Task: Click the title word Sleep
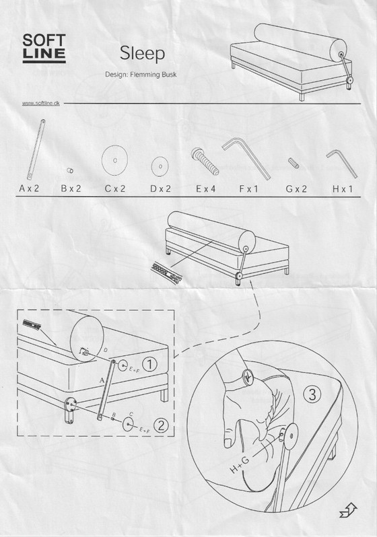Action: point(143,53)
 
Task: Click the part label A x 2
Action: point(29,189)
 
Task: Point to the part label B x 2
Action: point(71,189)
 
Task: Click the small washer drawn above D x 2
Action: point(160,165)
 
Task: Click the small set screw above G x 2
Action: point(294,164)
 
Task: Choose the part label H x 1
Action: point(341,189)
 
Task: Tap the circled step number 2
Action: point(160,425)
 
